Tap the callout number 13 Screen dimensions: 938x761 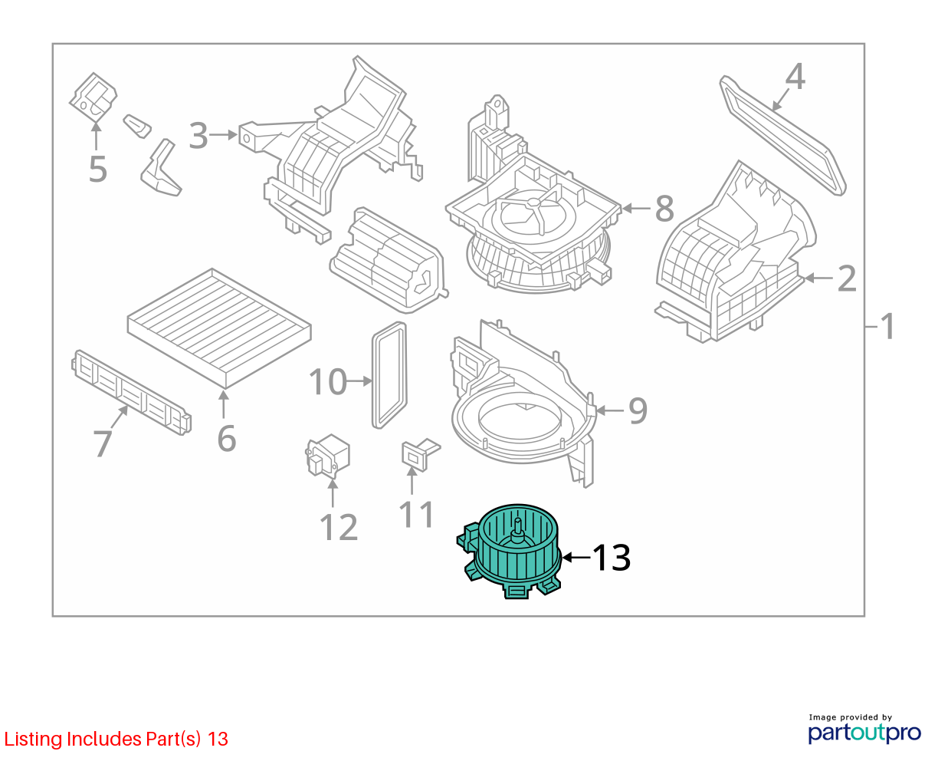(x=612, y=558)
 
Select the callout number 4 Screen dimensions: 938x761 (x=795, y=77)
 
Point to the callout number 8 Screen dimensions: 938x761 (x=664, y=208)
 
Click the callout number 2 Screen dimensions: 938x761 (x=847, y=278)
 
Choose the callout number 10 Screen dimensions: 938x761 (x=328, y=381)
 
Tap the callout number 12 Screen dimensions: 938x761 (x=339, y=527)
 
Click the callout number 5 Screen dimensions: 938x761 (x=98, y=170)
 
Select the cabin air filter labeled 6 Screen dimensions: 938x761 (x=219, y=328)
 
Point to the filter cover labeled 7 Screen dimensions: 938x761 (x=131, y=393)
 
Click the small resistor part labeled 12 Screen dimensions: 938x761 (x=328, y=456)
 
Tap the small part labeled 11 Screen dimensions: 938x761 (x=418, y=454)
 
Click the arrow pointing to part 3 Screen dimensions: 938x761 (x=223, y=134)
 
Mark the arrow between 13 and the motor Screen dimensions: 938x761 (x=576, y=558)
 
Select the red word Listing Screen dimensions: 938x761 (x=33, y=740)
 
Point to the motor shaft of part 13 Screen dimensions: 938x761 (x=518, y=527)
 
